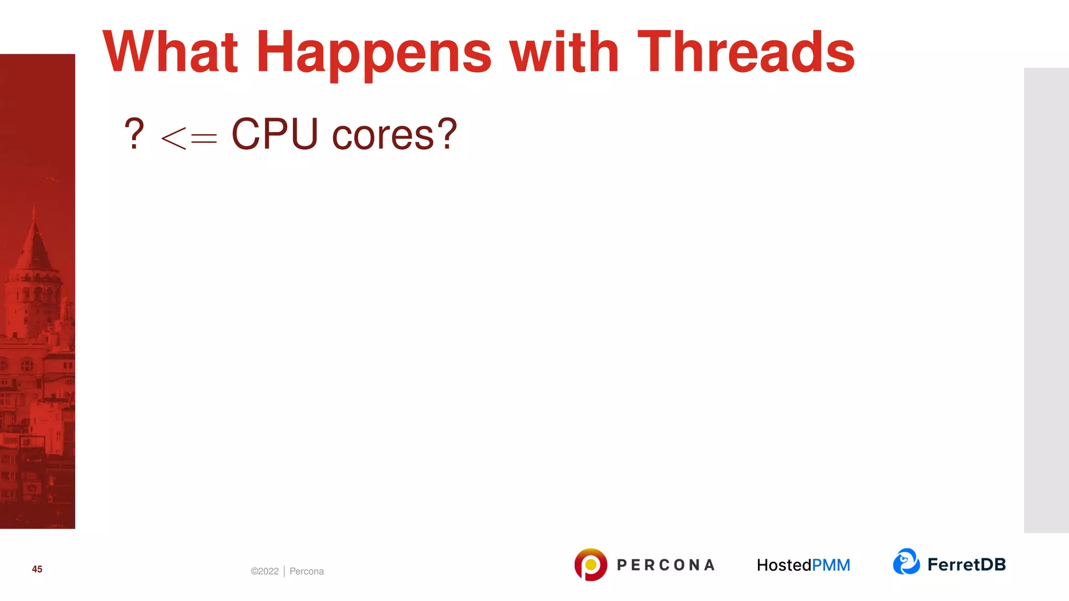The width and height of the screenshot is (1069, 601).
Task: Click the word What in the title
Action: [170, 52]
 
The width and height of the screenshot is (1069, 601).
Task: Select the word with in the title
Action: [564, 52]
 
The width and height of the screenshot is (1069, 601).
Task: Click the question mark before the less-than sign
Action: [134, 134]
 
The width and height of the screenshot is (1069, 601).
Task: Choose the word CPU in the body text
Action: [275, 134]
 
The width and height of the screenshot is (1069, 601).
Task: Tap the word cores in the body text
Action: [383, 136]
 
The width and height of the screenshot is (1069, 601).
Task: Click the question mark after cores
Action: [447, 134]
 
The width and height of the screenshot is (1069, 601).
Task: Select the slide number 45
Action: [37, 569]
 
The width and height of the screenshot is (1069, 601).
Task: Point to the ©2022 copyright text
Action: [265, 571]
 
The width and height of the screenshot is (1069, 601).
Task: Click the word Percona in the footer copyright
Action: [306, 571]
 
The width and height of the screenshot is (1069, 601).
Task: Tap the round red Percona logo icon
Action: [590, 564]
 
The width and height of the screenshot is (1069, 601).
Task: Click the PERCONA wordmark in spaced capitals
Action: [666, 565]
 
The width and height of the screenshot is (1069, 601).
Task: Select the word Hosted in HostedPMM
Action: [784, 565]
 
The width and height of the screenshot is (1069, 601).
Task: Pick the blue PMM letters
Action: [831, 565]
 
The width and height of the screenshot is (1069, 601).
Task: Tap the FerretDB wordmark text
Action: [966, 564]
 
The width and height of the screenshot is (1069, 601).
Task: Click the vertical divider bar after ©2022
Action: [284, 571]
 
